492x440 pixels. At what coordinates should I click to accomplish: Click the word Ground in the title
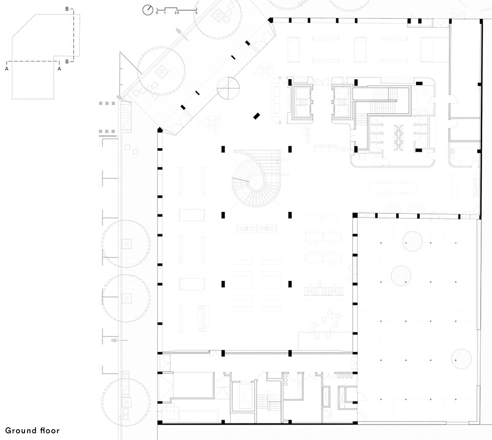tap(19, 430)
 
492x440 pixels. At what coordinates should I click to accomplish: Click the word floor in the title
tap(50, 430)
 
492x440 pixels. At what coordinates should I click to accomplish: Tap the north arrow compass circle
tap(148, 10)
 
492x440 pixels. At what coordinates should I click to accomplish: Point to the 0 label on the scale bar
tap(157, 13)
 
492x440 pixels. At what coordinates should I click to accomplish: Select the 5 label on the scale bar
tap(196, 13)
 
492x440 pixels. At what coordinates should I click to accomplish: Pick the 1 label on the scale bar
tap(165, 13)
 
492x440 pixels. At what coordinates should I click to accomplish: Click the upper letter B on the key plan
tap(67, 9)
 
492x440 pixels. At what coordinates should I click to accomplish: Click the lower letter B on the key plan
tap(67, 62)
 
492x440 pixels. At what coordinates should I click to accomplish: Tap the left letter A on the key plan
tap(7, 69)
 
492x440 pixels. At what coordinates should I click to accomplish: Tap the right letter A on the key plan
tap(59, 69)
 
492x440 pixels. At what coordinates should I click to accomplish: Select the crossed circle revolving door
tap(229, 88)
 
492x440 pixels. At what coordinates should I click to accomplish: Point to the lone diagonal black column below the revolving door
tap(257, 116)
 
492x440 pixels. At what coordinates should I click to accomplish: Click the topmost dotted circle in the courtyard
tap(412, 241)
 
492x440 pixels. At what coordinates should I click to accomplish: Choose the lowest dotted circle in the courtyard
tap(461, 358)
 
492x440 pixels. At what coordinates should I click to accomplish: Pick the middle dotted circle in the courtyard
tap(401, 275)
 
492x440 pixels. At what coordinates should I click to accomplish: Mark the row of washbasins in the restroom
tap(399, 137)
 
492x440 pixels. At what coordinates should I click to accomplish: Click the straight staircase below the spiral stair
tap(257, 228)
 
